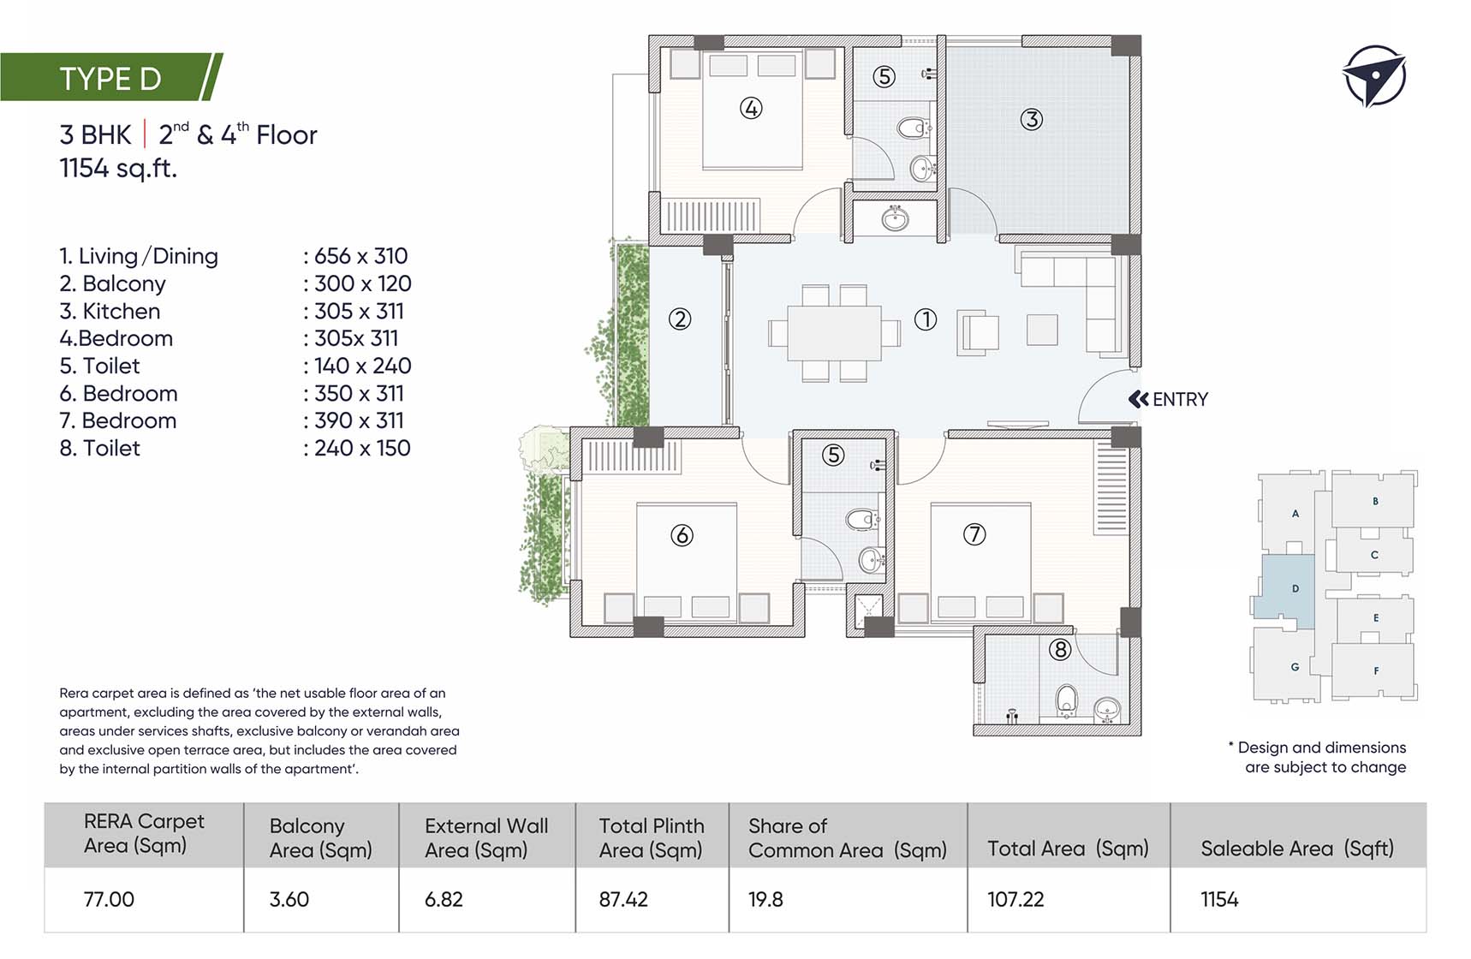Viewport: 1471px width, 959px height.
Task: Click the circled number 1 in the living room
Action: (x=926, y=319)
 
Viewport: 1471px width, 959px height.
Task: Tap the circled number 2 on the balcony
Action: (x=680, y=319)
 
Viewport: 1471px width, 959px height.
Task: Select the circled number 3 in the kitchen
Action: (x=1032, y=119)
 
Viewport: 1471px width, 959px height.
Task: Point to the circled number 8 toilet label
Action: (x=1060, y=650)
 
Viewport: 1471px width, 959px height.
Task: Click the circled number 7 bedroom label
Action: (x=974, y=534)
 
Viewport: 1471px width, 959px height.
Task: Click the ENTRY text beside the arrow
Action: (x=1180, y=399)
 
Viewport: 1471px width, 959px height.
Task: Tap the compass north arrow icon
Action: (x=1374, y=76)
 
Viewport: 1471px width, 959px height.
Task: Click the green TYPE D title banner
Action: (x=111, y=77)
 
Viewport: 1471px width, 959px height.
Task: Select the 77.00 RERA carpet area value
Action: (x=109, y=899)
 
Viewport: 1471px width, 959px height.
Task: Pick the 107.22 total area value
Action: (x=1015, y=899)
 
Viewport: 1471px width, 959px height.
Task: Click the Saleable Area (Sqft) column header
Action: (x=1297, y=849)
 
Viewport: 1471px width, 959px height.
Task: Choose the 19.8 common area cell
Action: (x=765, y=899)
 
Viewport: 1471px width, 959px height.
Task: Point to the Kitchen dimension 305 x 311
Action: (x=359, y=311)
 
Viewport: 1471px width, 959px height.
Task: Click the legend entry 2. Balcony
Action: (x=112, y=283)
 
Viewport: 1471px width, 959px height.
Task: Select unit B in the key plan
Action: (x=1375, y=501)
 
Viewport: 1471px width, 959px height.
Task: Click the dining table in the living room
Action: (x=834, y=333)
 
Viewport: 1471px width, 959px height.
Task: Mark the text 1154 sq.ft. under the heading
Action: (x=118, y=168)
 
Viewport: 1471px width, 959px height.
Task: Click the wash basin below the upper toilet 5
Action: (x=895, y=218)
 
